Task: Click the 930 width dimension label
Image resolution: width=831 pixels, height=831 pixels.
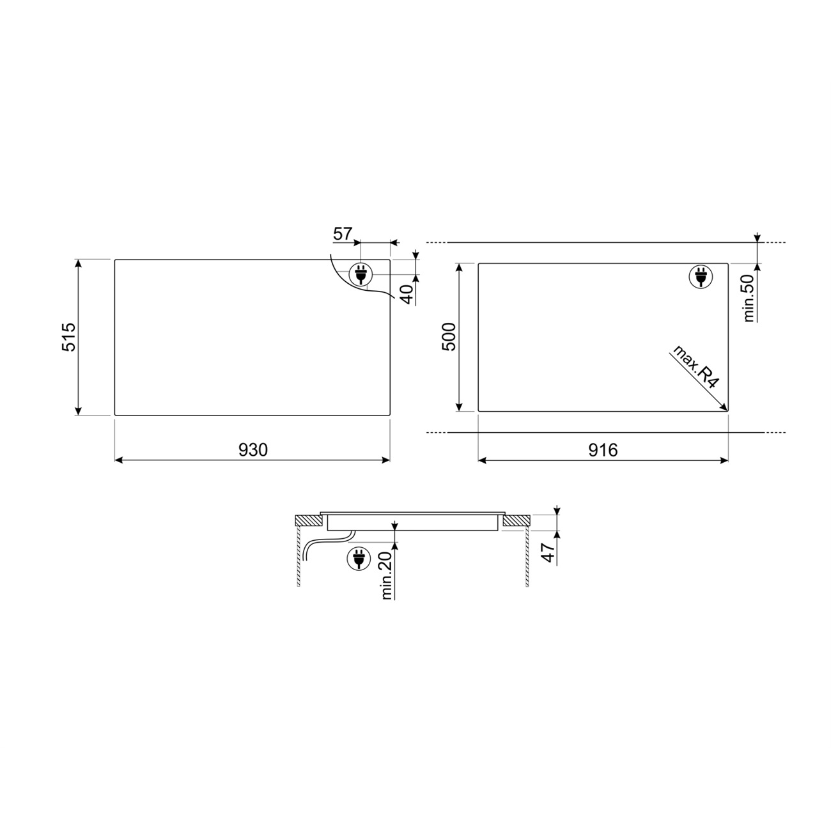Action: coord(253,450)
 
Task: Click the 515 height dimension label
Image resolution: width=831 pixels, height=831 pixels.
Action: coord(69,337)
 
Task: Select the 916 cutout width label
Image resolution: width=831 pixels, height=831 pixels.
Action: coord(603,450)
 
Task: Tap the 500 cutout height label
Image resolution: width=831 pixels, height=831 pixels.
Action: coord(449,337)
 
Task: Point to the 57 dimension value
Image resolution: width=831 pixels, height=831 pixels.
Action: coord(343,234)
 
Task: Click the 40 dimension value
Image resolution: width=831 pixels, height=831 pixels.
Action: coord(407,295)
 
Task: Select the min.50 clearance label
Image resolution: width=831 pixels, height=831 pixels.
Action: coord(749,298)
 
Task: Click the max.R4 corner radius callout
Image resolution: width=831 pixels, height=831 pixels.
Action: coord(695,367)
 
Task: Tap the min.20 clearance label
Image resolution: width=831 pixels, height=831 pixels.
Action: coord(386,575)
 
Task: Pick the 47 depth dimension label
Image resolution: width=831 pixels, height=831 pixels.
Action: coord(548,552)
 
